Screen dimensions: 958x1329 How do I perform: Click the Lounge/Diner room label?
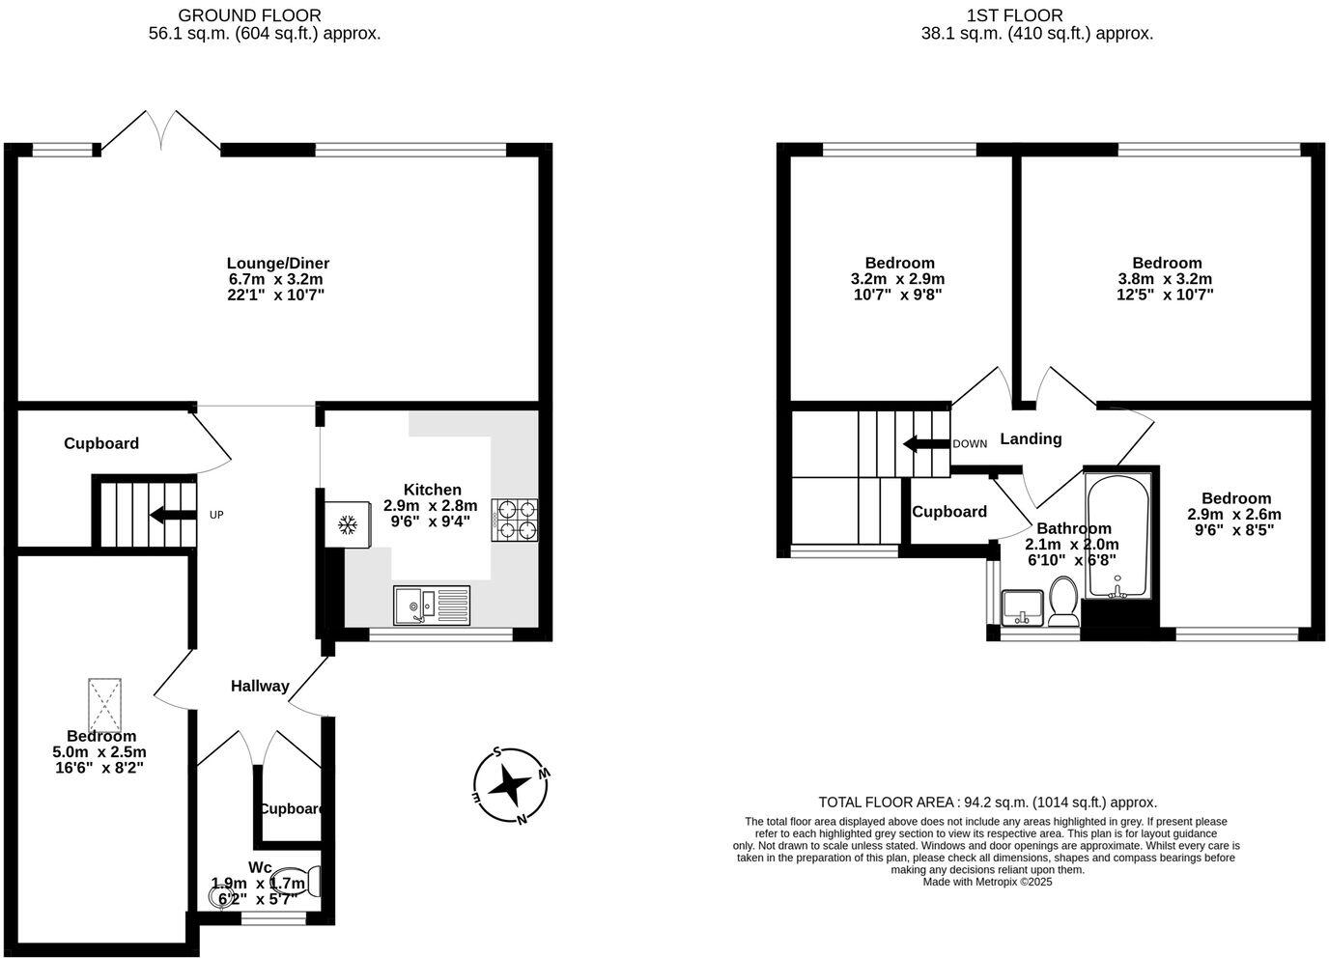278,263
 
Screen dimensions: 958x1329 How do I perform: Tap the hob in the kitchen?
515,521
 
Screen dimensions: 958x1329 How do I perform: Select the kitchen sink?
431,605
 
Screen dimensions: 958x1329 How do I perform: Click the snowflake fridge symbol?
348,524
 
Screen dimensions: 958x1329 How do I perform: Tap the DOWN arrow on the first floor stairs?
924,443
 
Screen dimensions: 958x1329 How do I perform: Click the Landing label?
1031,438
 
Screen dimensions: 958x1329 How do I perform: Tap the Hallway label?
260,686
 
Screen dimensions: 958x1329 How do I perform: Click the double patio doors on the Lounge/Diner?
161,132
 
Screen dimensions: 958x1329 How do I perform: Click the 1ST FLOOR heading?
1014,15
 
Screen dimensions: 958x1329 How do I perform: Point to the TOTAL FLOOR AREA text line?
987,802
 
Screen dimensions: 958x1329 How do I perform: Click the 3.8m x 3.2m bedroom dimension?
1167,279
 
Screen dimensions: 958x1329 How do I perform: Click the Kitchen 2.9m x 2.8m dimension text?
431,505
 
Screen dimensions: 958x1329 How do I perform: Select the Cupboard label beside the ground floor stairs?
101,443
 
